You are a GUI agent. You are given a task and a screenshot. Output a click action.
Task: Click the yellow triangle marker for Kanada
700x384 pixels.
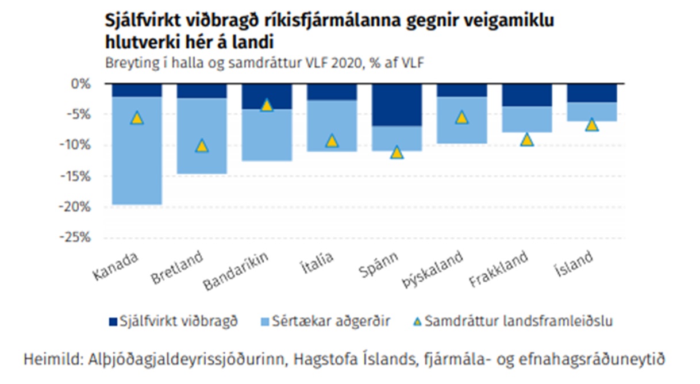tap(137, 118)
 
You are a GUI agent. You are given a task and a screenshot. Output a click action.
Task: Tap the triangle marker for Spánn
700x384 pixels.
tap(397, 152)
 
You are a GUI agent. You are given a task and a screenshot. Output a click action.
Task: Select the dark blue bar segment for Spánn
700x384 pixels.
tap(397, 105)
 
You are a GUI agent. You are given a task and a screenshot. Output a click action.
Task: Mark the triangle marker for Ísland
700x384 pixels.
tap(592, 125)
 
